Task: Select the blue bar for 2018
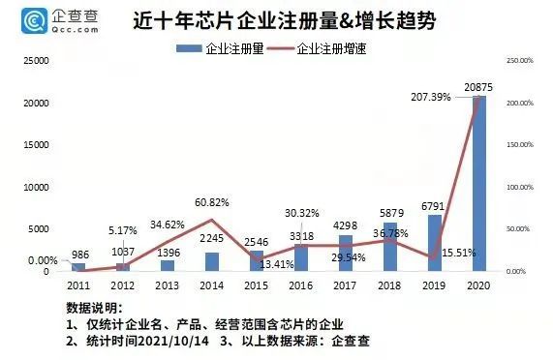tap(388, 246)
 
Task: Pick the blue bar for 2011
tap(78, 266)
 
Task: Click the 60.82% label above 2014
tap(212, 201)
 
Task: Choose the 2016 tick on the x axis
tap(300, 285)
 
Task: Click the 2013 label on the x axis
tap(168, 285)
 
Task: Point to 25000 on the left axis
tap(36, 60)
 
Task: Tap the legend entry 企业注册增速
tap(329, 46)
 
